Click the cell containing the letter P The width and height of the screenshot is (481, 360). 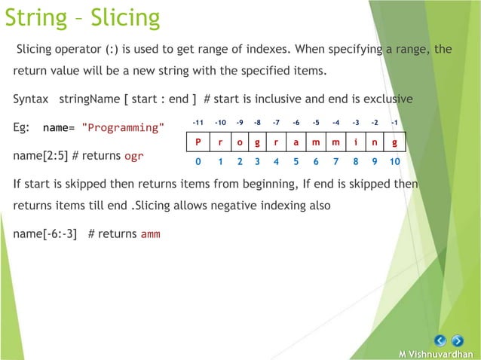click(x=198, y=142)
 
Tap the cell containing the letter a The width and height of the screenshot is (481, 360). click(x=296, y=142)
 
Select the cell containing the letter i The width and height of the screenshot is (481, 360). click(x=355, y=142)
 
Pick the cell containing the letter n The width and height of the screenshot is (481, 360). click(x=375, y=142)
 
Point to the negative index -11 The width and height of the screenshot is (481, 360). click(x=197, y=122)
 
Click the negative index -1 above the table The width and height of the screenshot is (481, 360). click(x=394, y=122)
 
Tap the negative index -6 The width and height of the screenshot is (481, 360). click(x=296, y=122)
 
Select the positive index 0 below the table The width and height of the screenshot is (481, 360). click(x=198, y=160)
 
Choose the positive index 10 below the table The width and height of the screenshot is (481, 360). click(x=394, y=160)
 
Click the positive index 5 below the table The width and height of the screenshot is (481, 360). click(x=296, y=160)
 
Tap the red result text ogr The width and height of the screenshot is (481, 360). click(x=134, y=156)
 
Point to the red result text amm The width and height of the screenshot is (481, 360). click(x=150, y=233)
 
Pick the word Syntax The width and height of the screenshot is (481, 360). click(x=32, y=99)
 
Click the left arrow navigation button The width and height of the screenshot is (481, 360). click(x=441, y=340)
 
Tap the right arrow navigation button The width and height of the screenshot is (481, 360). click(x=457, y=340)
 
